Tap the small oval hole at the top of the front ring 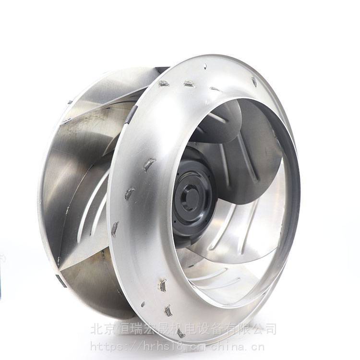coord(205,67)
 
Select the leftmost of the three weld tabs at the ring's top coord(164,84)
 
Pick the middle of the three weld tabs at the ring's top coord(189,84)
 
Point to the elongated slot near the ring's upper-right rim coord(254,82)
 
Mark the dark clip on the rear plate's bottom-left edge coord(61,281)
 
